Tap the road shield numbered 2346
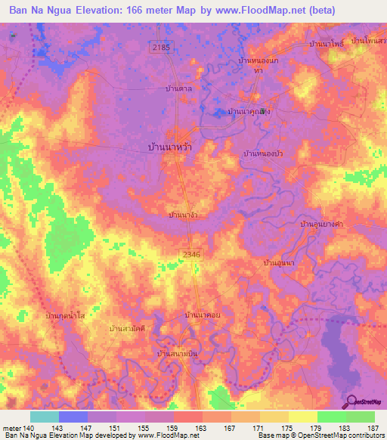tap(191, 256)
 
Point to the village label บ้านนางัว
tap(184, 215)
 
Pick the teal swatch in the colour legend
tap(44, 417)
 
